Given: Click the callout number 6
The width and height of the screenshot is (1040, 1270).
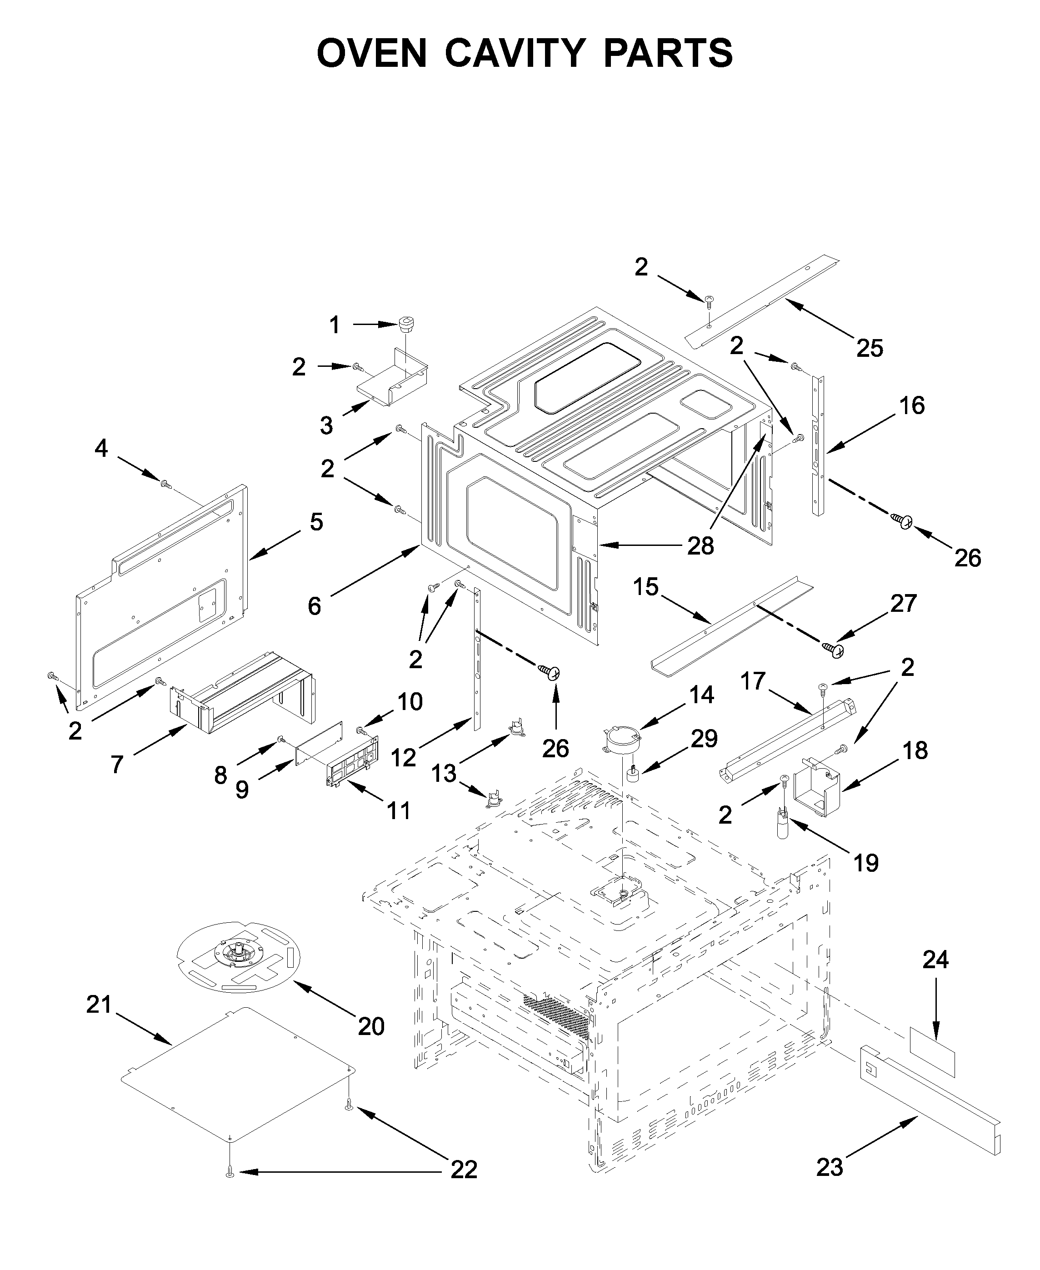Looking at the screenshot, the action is (315, 606).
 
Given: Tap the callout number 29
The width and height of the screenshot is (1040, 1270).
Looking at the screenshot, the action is (704, 739).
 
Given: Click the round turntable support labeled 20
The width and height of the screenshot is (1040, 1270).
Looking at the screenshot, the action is (239, 957).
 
